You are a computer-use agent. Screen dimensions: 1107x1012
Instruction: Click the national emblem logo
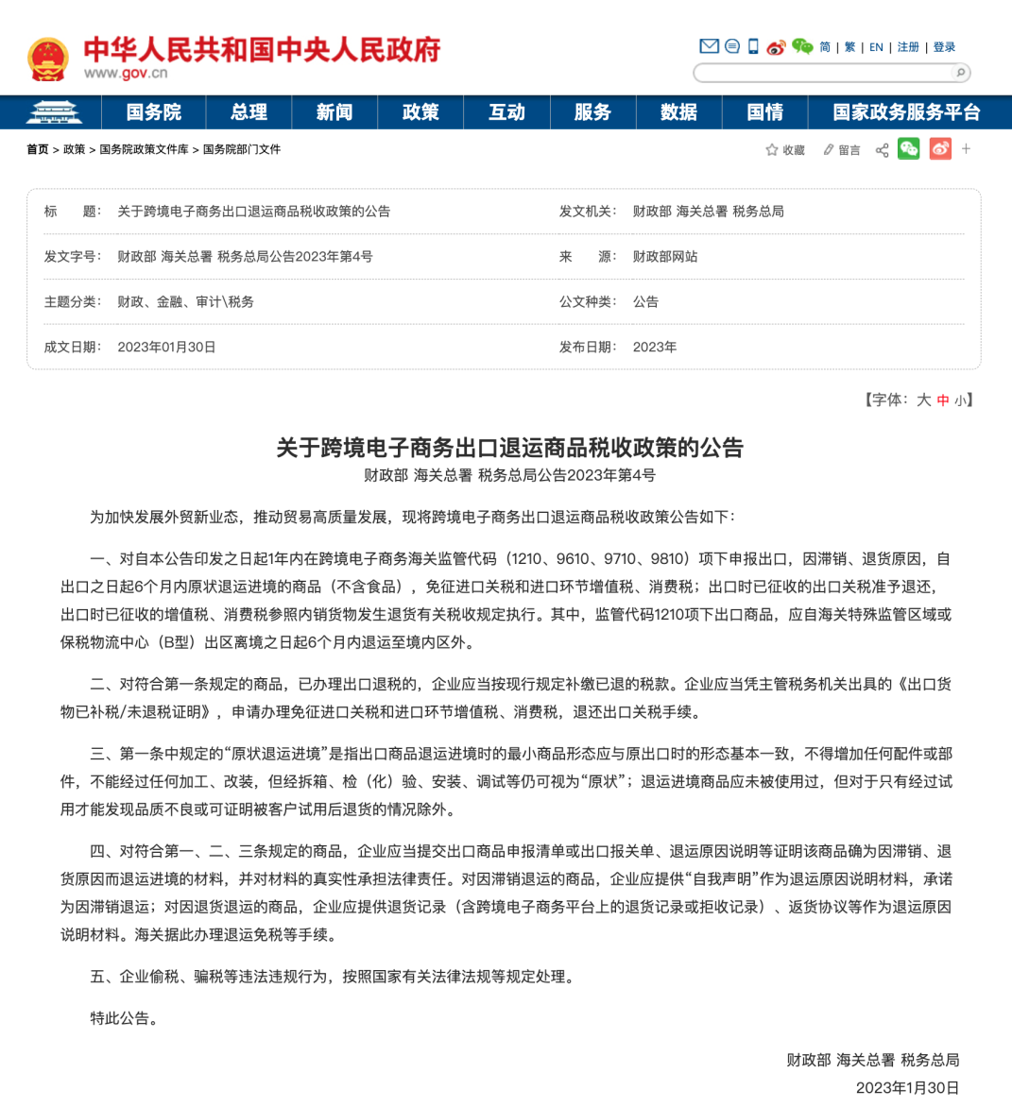[47, 59]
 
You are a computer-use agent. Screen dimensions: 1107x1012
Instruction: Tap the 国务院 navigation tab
[153, 112]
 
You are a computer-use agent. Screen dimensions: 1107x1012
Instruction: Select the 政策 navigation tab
[420, 112]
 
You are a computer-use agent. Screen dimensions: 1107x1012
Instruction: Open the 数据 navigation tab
[678, 112]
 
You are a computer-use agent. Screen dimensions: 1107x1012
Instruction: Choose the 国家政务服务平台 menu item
[906, 112]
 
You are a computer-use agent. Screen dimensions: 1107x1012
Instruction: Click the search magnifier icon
[960, 73]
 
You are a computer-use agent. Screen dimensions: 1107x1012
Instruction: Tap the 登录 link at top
[944, 47]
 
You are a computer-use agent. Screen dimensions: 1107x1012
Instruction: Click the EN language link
[876, 47]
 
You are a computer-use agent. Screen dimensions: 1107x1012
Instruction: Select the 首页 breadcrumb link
[38, 149]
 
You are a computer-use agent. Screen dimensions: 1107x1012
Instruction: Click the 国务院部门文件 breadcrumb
[242, 149]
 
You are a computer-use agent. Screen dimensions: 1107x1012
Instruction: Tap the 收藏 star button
[785, 150]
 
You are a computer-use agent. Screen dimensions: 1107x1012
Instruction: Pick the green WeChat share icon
[908, 149]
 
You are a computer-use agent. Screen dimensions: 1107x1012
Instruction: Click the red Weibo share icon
[940, 149]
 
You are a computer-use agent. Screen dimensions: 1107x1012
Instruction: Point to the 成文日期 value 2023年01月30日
[166, 347]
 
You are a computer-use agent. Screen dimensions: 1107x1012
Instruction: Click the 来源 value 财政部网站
[664, 256]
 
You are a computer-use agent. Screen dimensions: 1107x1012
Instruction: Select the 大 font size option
[923, 400]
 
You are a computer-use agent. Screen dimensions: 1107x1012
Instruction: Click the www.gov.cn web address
[126, 74]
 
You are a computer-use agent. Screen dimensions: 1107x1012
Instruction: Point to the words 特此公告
[124, 1018]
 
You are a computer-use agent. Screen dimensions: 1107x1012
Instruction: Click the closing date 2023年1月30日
[907, 1087]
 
